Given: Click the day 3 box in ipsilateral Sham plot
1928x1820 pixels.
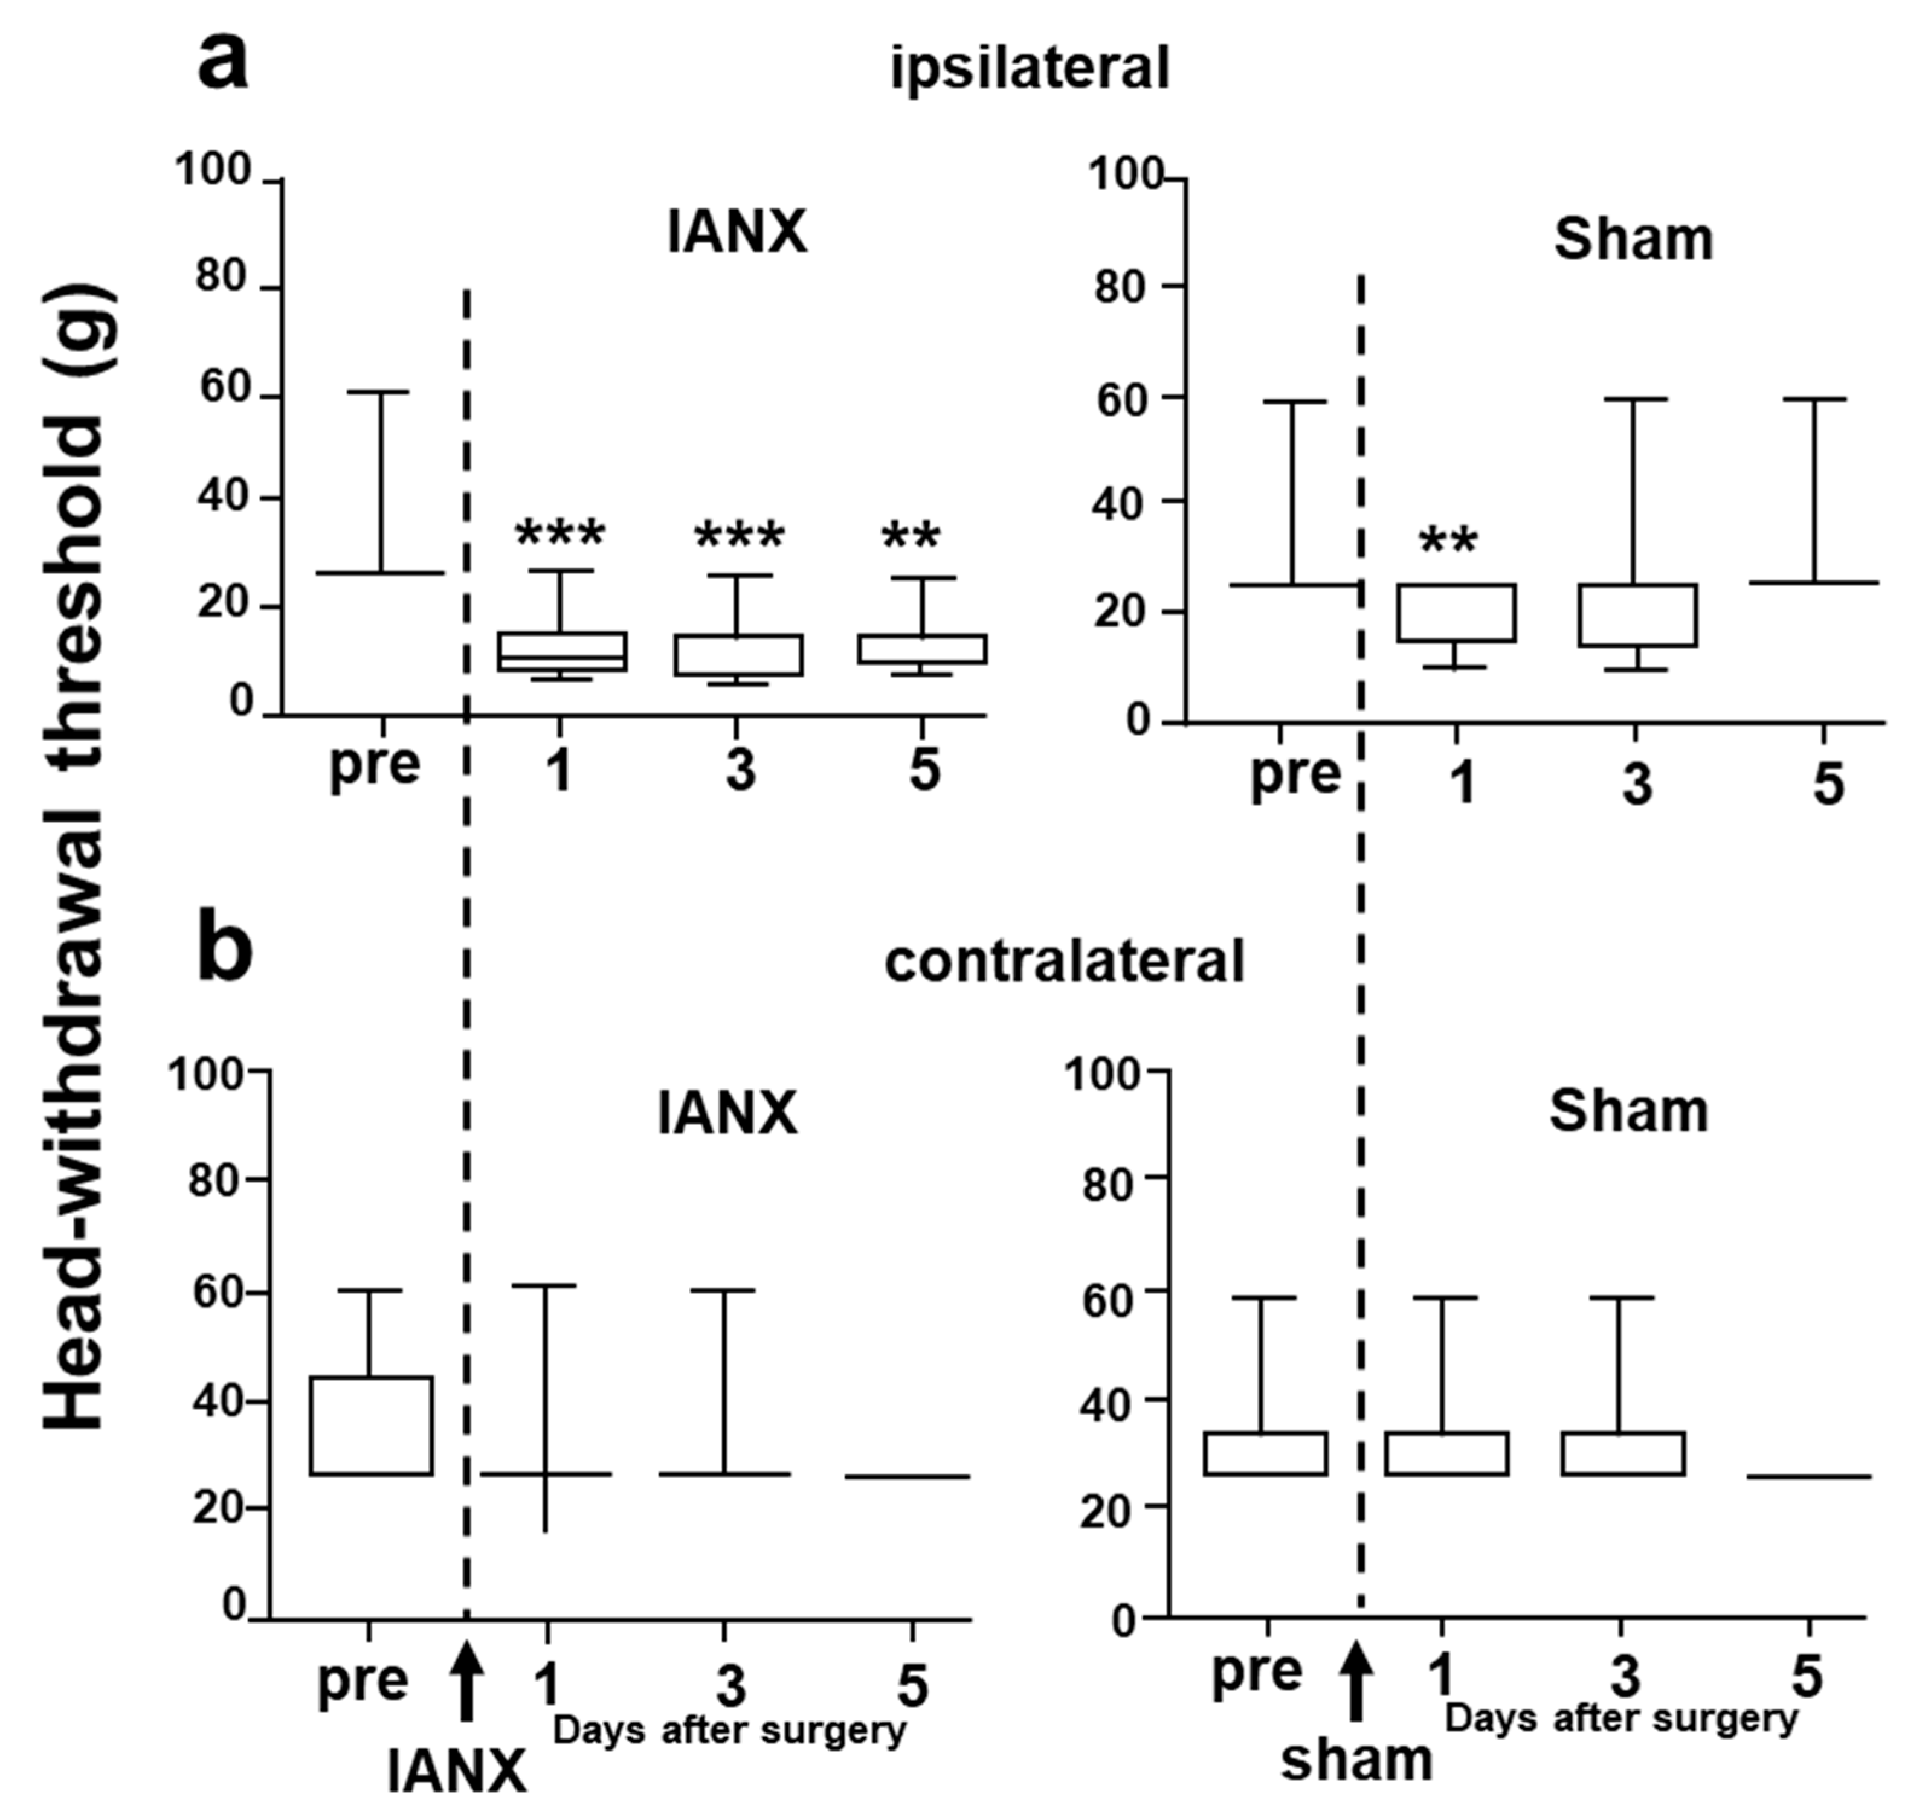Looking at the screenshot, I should click(1636, 615).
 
